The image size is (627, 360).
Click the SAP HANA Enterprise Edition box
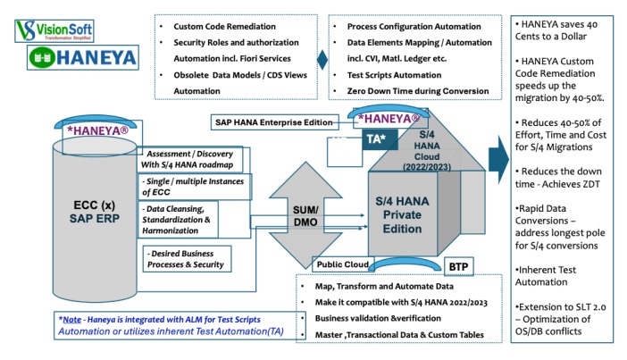272,121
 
